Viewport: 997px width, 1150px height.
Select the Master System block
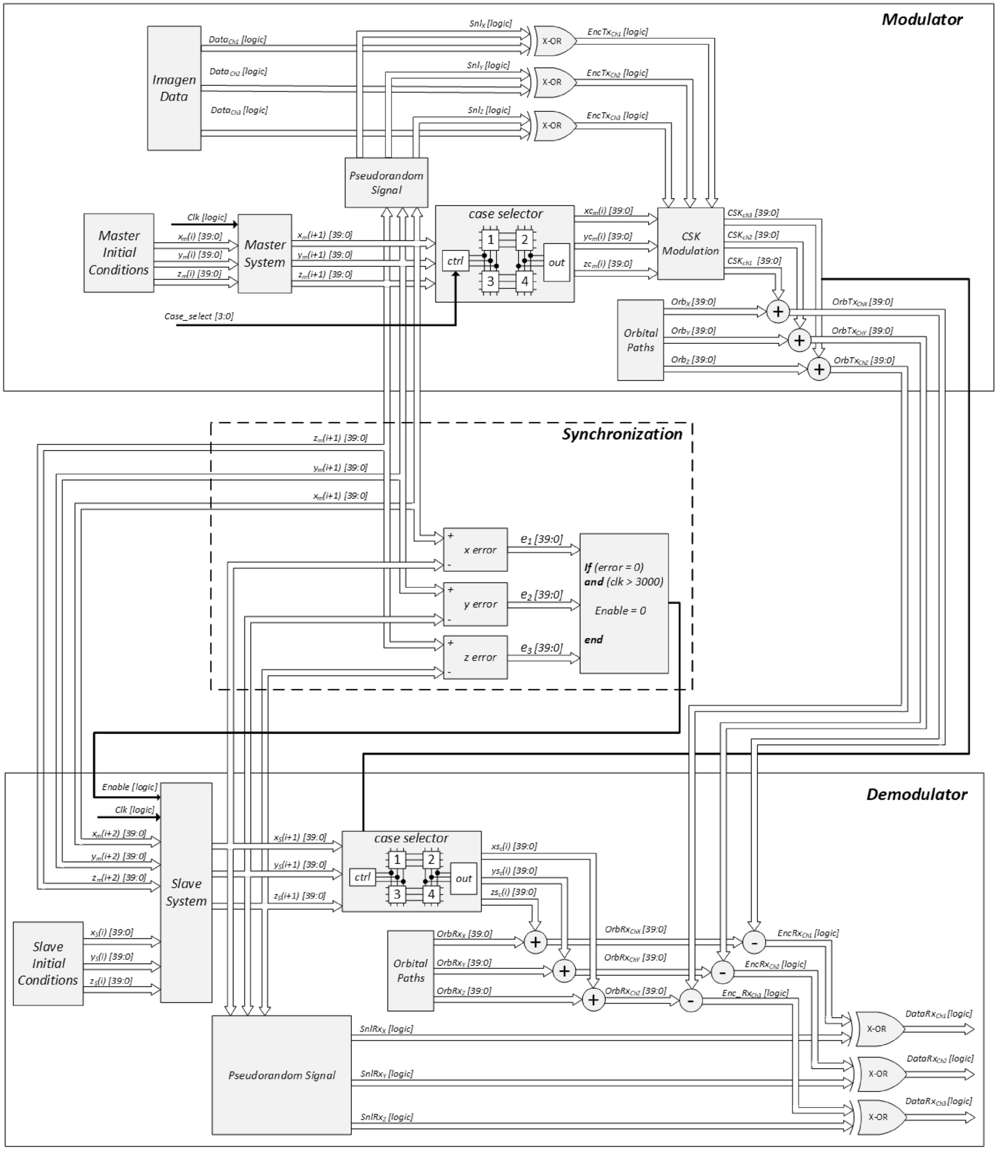coord(265,254)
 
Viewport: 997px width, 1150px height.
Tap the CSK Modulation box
coord(690,244)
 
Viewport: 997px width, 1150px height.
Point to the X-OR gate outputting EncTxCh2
coord(553,82)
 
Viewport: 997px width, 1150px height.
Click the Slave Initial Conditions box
coord(48,964)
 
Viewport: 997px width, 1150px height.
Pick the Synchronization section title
coord(621,434)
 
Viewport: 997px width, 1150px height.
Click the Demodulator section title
coord(917,794)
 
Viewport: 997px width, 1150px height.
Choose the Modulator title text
coord(921,19)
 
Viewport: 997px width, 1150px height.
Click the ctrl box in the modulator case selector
coord(455,261)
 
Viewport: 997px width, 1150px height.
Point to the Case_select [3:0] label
coord(199,316)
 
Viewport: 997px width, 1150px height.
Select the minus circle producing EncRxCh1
coord(754,942)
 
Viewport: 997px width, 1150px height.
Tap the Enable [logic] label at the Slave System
coord(129,787)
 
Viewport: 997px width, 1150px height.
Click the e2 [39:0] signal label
coord(541,594)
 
